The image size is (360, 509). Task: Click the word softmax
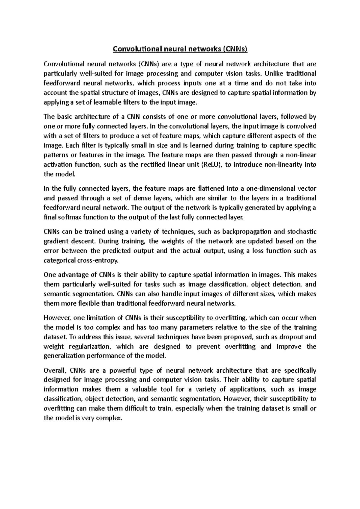point(66,217)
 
